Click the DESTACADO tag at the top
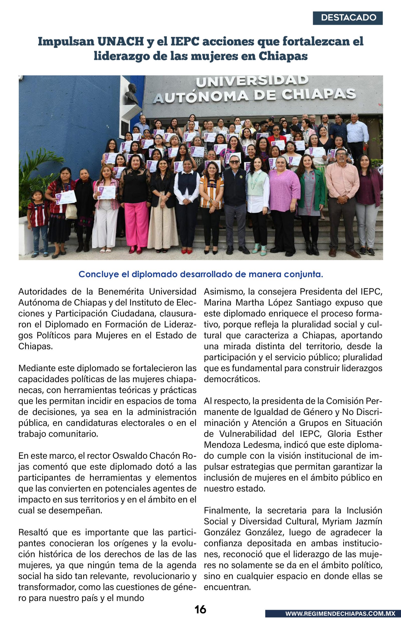point(348,18)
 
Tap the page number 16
point(200,609)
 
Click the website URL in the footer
point(340,613)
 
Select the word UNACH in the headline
point(121,41)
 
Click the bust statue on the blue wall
point(131,94)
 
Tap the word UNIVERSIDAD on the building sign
point(252,81)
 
